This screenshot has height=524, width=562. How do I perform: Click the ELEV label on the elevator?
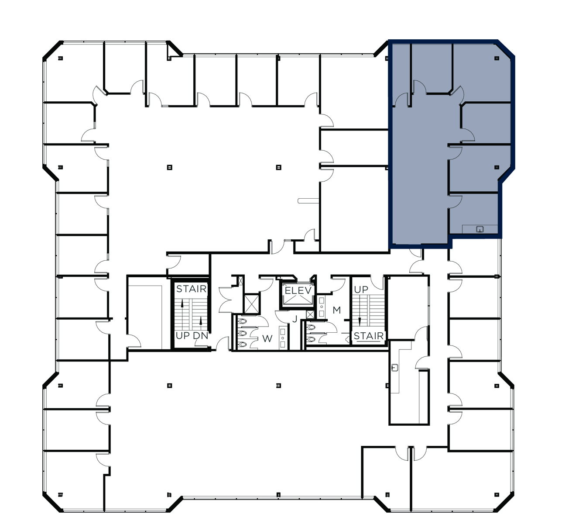click(298, 291)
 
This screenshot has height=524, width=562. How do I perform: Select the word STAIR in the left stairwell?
click(191, 289)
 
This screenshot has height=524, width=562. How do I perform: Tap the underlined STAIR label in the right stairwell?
click(369, 336)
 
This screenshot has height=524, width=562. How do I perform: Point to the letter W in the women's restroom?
click(267, 338)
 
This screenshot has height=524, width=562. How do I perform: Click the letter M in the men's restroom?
click(336, 310)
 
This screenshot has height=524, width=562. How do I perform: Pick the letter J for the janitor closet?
click(295, 319)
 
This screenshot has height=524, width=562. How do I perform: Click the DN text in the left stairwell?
click(201, 336)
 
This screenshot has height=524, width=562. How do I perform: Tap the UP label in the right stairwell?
click(361, 290)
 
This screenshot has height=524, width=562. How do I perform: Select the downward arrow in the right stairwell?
click(360, 321)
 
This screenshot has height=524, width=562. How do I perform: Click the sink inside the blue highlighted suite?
click(480, 229)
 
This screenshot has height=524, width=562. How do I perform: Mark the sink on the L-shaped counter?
click(395, 367)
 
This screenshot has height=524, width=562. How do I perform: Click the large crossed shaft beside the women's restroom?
click(252, 304)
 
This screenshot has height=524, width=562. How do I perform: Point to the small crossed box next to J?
click(310, 314)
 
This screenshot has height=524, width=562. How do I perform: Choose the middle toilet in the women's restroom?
click(243, 333)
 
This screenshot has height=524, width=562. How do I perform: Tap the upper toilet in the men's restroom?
click(312, 327)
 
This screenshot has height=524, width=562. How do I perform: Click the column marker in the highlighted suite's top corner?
click(497, 58)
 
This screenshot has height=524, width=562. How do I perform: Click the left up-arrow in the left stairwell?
click(182, 303)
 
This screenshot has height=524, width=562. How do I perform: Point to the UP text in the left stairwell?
click(182, 336)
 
